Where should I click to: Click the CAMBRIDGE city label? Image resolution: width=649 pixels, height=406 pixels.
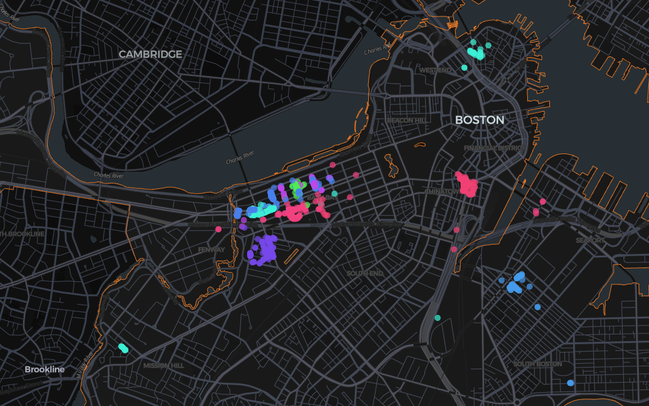pyautogui.click(x=150, y=54)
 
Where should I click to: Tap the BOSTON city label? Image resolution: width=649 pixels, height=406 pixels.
pyautogui.click(x=480, y=120)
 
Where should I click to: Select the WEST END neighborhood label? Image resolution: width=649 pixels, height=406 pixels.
pyautogui.click(x=435, y=70)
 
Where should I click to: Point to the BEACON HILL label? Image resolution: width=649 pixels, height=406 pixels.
pyautogui.click(x=406, y=120)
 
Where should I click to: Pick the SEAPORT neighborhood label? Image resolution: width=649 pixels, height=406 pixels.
pyautogui.click(x=590, y=240)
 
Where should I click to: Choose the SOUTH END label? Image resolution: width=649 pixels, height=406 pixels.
pyautogui.click(x=365, y=273)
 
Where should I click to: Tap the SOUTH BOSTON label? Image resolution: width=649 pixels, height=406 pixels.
pyautogui.click(x=538, y=364)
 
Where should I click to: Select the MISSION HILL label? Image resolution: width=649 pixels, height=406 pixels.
pyautogui.click(x=163, y=366)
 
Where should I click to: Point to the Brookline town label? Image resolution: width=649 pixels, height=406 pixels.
pyautogui.click(x=44, y=370)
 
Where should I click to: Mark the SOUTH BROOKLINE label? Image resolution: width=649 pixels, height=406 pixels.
pyautogui.click(x=22, y=234)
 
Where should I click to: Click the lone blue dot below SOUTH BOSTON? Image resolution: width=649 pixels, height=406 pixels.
pyautogui.click(x=570, y=383)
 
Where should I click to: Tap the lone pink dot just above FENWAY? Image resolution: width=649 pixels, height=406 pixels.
pyautogui.click(x=218, y=229)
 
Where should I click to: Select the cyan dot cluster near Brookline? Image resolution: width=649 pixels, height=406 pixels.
pyautogui.click(x=123, y=348)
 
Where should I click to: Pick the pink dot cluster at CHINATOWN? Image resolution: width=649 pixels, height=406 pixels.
pyautogui.click(x=466, y=184)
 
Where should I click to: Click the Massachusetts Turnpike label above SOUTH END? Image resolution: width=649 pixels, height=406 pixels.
pyautogui.click(x=367, y=224)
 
